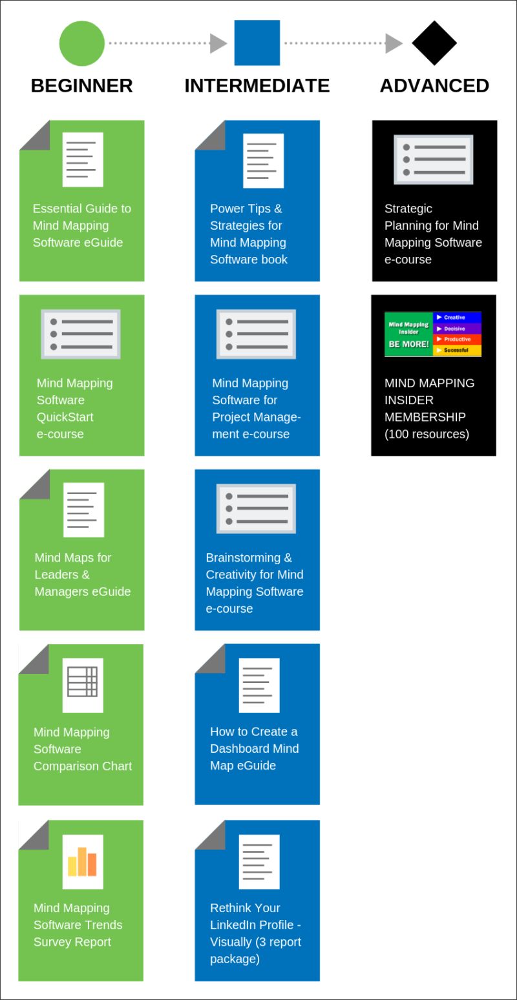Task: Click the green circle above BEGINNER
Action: tap(81, 43)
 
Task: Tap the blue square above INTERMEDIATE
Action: tap(257, 43)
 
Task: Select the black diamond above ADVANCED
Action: tap(434, 43)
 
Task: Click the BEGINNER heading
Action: tap(81, 86)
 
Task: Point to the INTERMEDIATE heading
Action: tap(257, 86)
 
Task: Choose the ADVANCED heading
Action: tap(434, 86)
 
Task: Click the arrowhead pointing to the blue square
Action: tap(218, 43)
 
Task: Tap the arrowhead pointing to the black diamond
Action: tap(394, 43)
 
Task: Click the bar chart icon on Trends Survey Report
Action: tap(83, 861)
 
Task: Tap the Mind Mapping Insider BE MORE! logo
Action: tap(433, 334)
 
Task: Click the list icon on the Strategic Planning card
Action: tap(434, 159)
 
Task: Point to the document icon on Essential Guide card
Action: tap(83, 159)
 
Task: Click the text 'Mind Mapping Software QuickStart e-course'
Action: tap(74, 408)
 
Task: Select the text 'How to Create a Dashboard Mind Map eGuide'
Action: tap(254, 748)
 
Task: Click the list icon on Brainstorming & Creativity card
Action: tap(256, 509)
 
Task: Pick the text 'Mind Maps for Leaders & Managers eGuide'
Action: tap(82, 574)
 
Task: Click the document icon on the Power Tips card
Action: tap(263, 161)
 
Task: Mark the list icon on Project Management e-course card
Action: tap(256, 334)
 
